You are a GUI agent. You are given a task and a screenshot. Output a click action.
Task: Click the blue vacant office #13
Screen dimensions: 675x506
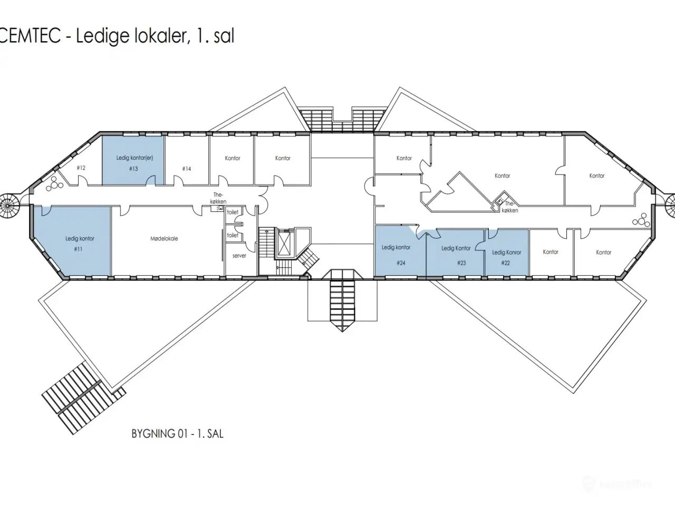133,160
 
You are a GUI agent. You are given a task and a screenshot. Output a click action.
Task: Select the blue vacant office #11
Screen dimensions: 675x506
71,241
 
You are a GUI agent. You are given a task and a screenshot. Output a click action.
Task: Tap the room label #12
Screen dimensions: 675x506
81,168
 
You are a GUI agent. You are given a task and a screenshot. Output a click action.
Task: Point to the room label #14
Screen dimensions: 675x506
187,169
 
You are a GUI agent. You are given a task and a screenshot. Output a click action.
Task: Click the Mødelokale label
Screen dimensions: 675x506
164,239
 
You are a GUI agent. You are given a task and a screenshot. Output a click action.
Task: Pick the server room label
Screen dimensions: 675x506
239,256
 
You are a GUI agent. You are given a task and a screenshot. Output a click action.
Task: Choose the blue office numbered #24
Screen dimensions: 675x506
400,251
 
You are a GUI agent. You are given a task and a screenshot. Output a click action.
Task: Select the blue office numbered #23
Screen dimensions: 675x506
455,252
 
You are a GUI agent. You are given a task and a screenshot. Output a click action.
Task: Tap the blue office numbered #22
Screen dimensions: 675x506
507,252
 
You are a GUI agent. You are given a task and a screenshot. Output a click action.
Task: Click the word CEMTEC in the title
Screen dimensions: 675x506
30,36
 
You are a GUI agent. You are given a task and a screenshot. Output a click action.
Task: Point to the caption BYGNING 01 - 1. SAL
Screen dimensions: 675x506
177,433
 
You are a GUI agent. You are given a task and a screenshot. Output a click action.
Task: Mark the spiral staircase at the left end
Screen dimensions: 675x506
8,206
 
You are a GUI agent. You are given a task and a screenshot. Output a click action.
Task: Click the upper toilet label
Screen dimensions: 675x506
233,212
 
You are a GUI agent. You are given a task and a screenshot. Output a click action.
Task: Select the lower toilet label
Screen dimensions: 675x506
233,235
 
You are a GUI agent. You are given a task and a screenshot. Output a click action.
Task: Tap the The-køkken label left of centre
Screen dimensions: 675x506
218,198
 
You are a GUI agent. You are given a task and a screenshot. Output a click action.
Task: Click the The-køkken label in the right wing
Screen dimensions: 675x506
509,207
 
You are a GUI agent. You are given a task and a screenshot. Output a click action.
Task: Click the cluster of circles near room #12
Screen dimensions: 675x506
54,184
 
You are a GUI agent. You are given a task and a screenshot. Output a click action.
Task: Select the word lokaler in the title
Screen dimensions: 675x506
161,36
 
